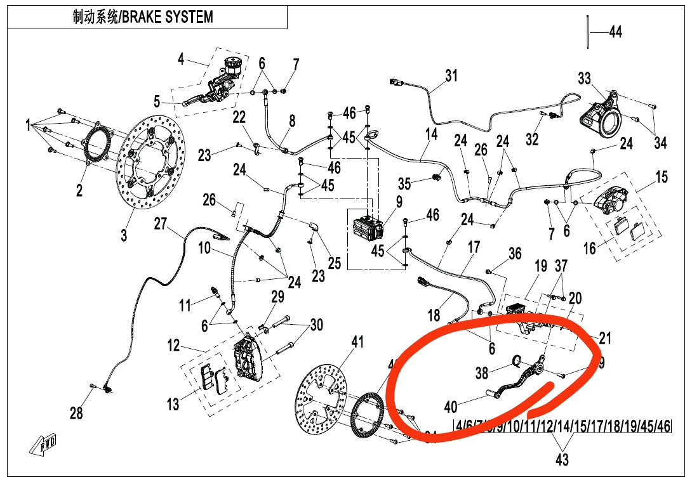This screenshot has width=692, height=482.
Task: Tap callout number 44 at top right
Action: point(615,32)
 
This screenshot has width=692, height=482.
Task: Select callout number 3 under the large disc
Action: point(124,235)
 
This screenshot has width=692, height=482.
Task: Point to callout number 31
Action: point(451,76)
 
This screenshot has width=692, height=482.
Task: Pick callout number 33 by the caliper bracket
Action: point(584,79)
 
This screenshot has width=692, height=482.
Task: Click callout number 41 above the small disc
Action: point(358,342)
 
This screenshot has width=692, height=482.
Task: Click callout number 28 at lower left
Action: point(76,414)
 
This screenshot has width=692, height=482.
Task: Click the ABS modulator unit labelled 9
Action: point(366,228)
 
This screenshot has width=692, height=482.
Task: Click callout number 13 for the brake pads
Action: point(173,403)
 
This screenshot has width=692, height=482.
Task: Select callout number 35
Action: point(405,184)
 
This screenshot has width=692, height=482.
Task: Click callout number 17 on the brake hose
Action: point(474,247)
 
